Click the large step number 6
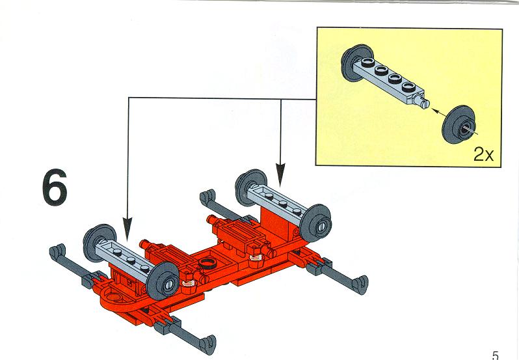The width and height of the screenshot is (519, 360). [x=55, y=187]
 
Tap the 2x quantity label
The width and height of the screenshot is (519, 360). [x=483, y=154]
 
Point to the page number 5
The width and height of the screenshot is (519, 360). [x=495, y=355]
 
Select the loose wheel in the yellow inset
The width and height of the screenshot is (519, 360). [x=459, y=124]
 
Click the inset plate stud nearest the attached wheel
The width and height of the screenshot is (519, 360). [x=367, y=61]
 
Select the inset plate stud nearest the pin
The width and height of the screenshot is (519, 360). [x=408, y=87]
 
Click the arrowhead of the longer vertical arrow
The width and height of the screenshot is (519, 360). [x=127, y=228]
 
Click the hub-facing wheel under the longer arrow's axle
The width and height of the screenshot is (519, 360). [x=163, y=281]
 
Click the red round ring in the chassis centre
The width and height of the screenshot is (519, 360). [x=207, y=264]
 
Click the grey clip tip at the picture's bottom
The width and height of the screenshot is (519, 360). [x=207, y=344]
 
